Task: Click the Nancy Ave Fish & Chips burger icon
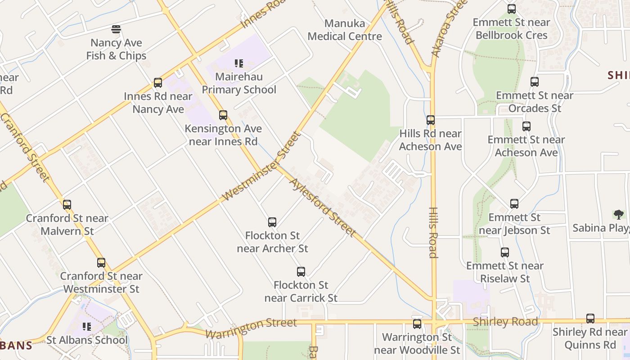coord(116,30)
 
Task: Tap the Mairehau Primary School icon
coord(239,63)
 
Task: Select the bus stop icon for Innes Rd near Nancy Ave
coord(158,83)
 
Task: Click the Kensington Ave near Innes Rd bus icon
coord(223,115)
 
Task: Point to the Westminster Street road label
coord(261,166)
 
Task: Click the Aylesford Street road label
coord(323,207)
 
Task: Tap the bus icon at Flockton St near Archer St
coord(272,222)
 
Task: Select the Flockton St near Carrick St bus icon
coord(301,272)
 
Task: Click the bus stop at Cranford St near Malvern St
coord(67,205)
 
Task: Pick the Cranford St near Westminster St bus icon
coord(101,263)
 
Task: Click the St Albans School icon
coord(87,327)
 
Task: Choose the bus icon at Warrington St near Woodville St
coord(417,324)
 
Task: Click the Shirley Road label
coord(505,322)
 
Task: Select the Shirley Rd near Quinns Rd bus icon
coord(590,319)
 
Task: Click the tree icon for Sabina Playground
coord(618,214)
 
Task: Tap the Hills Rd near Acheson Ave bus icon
coord(431,120)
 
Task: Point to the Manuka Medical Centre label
coord(345,30)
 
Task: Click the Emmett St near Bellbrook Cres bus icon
coord(512,9)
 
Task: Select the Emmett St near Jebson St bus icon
coord(514,204)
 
